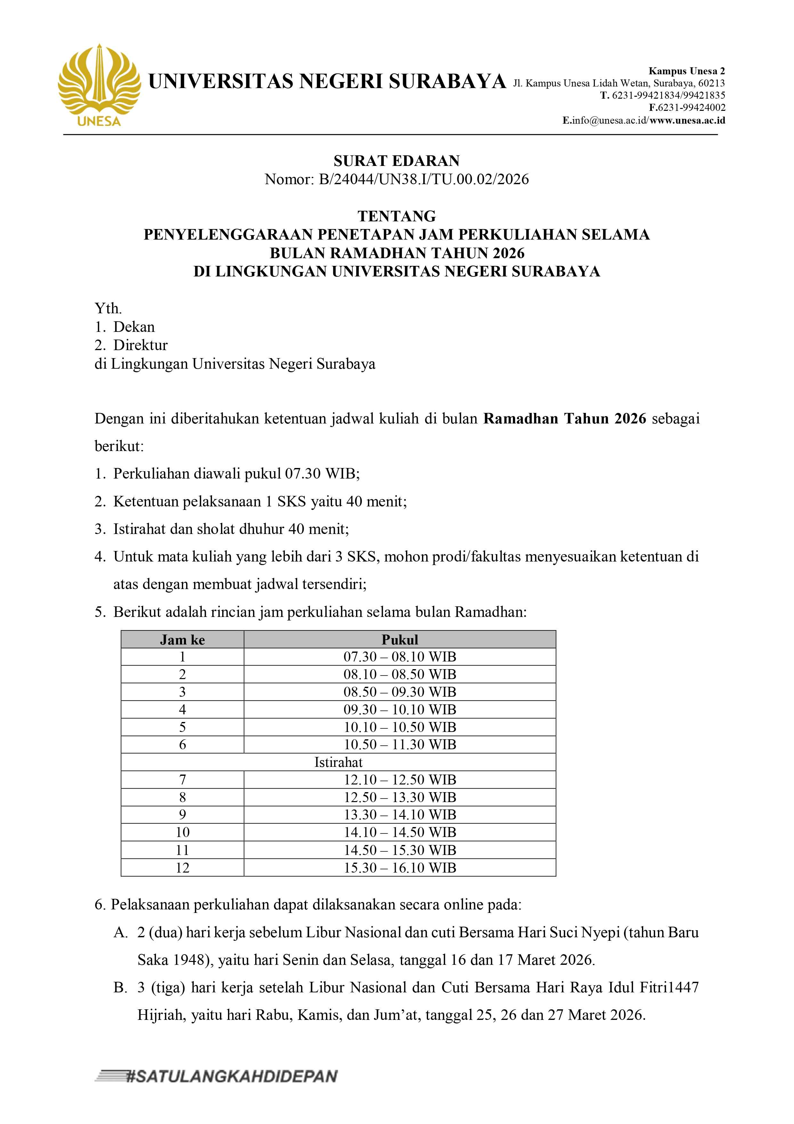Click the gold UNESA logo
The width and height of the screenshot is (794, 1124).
click(x=99, y=84)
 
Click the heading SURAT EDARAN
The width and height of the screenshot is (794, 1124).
click(x=397, y=161)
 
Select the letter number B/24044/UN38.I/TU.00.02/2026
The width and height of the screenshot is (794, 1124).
click(x=424, y=179)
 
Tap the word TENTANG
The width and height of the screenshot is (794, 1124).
click(x=397, y=216)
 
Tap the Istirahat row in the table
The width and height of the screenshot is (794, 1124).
click(x=338, y=762)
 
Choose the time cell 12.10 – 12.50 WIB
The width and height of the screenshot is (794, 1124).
click(x=400, y=780)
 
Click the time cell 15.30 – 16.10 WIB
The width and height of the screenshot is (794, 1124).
click(x=400, y=868)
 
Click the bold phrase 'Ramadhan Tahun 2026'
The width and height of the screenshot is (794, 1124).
click(x=564, y=419)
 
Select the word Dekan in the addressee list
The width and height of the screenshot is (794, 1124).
click(x=134, y=327)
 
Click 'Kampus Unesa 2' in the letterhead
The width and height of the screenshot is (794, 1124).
click(x=687, y=71)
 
